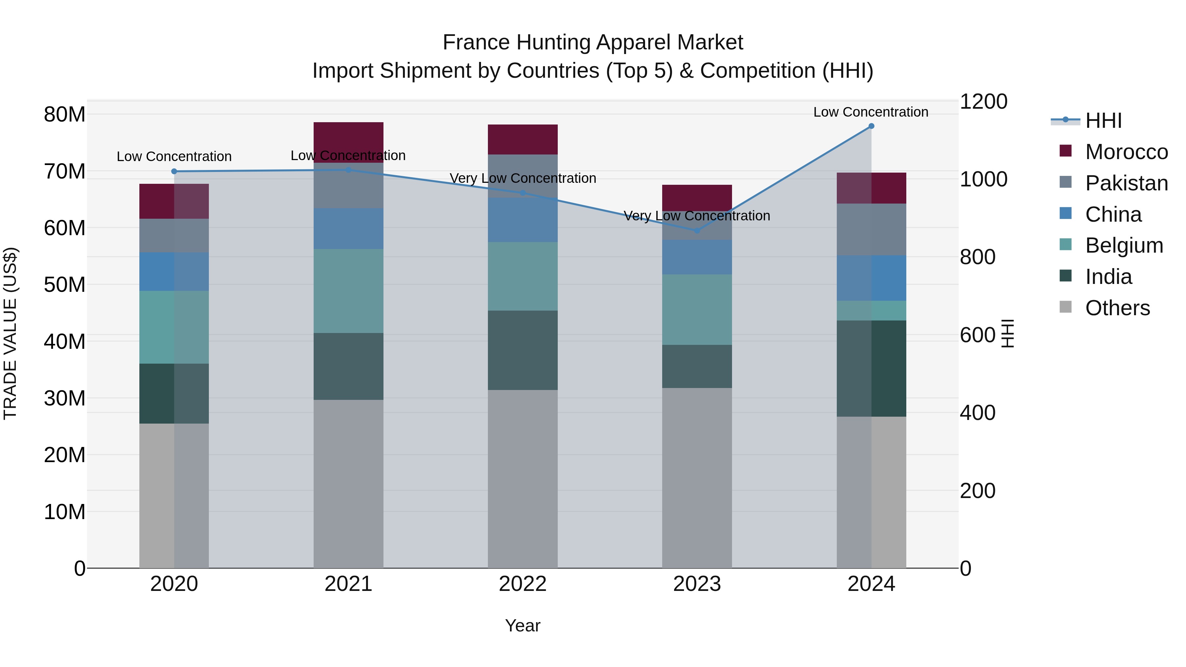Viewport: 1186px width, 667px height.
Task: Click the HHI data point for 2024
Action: click(x=871, y=126)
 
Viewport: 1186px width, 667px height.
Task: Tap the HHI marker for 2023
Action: click(x=696, y=231)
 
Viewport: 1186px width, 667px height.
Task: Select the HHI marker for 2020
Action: click(x=174, y=171)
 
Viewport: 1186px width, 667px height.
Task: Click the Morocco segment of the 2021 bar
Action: click(x=348, y=138)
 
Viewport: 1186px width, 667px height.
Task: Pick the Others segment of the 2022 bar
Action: click(x=522, y=479)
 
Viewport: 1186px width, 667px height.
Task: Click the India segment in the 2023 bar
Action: click(x=696, y=366)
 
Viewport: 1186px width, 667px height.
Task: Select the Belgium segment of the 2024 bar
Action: click(x=871, y=311)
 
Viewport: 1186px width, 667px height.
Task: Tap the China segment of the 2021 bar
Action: click(x=348, y=229)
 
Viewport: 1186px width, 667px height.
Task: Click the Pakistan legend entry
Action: click(x=1126, y=183)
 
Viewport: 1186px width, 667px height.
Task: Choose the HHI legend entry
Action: click(x=1103, y=121)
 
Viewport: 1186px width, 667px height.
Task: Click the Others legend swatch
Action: click(x=1065, y=307)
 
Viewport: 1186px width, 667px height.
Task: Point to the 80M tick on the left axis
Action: click(x=65, y=115)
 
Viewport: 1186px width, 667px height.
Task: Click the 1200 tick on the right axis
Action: click(x=983, y=102)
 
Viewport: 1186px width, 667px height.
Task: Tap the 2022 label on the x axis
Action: click(x=522, y=584)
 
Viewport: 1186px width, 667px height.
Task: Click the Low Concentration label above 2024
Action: click(x=871, y=112)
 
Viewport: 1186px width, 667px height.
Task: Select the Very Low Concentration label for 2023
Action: click(x=696, y=215)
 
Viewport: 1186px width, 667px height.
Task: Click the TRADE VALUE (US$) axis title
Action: click(x=10, y=333)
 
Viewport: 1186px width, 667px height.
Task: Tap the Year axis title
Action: click(x=522, y=625)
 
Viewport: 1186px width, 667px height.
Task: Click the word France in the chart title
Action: click(x=476, y=42)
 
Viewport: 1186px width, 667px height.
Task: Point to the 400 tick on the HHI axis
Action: click(x=977, y=413)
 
